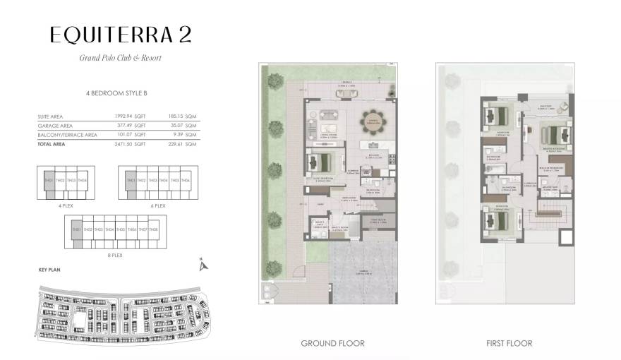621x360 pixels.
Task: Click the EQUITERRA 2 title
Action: [120, 34]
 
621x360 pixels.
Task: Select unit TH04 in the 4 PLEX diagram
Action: [83, 181]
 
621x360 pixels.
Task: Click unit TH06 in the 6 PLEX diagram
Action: [186, 181]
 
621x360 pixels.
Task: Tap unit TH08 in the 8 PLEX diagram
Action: [153, 229]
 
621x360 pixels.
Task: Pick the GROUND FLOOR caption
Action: [332, 343]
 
